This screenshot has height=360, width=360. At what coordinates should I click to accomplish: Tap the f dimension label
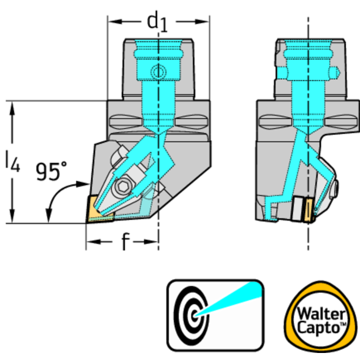[x=124, y=242]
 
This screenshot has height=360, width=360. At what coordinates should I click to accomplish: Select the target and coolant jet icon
[x=215, y=315]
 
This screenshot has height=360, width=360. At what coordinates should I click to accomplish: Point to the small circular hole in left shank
[x=158, y=72]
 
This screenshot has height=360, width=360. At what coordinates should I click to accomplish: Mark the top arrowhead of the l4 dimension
[x=13, y=105]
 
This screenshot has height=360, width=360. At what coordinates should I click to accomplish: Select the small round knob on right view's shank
[x=334, y=72]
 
